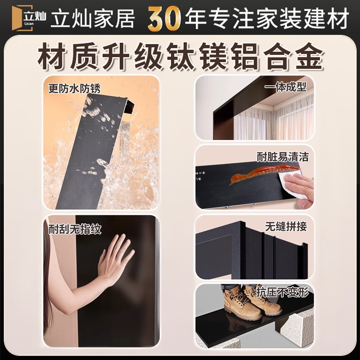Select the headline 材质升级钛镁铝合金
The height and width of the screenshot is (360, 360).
point(180,56)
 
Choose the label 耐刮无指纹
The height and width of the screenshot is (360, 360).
point(74,229)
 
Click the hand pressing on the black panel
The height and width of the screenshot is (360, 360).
point(115,259)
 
